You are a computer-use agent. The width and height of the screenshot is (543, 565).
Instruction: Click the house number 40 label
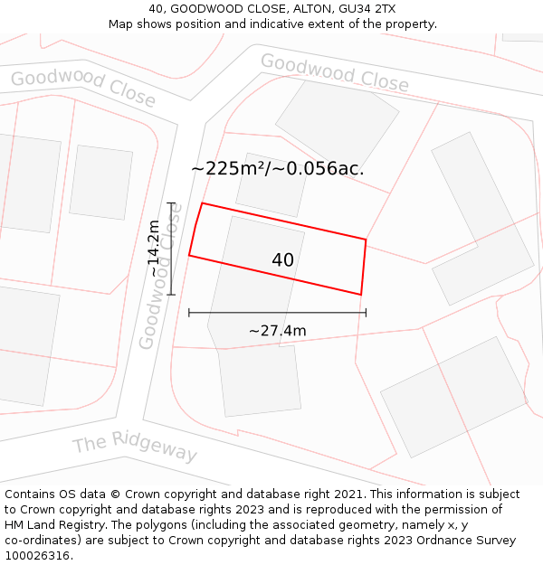tap(282, 260)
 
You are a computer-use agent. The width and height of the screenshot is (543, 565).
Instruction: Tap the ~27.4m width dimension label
tap(278, 331)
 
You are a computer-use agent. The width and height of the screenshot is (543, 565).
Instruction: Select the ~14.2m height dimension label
tap(154, 249)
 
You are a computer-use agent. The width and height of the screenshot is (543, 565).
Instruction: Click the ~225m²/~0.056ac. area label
tap(278, 168)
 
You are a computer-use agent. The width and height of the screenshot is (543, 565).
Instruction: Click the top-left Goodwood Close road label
tap(83, 89)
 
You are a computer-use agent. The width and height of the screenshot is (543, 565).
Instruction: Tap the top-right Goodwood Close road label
tap(334, 73)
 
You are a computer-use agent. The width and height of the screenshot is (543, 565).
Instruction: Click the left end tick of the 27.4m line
tap(189, 313)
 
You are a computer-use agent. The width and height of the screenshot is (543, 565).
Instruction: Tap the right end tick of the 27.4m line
tap(366, 313)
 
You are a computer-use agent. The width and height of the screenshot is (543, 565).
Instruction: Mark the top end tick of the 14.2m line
tap(171, 203)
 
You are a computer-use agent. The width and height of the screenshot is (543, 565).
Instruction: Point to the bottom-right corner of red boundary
tap(361, 295)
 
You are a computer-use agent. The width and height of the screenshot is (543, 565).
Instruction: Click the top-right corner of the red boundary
tap(366, 240)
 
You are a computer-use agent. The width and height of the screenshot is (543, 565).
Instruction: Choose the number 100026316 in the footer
tap(37, 556)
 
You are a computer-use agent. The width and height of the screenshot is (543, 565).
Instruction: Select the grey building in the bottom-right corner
tap(453, 396)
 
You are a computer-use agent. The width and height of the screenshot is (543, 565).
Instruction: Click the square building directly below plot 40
tap(261, 381)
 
